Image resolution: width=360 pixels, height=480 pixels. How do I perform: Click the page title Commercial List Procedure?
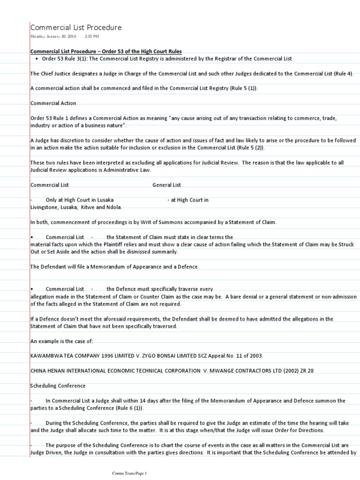click(x=76, y=28)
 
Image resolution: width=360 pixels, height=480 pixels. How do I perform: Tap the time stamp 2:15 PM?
click(x=92, y=36)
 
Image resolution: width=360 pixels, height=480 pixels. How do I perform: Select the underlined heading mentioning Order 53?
click(x=106, y=51)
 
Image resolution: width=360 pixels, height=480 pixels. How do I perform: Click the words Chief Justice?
click(x=56, y=74)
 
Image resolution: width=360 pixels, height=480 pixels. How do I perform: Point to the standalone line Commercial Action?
click(x=53, y=103)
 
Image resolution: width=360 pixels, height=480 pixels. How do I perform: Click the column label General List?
click(x=166, y=185)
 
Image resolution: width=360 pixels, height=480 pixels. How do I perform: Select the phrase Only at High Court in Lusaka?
click(x=79, y=200)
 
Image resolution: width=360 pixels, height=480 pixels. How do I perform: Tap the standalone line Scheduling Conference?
click(x=58, y=385)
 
